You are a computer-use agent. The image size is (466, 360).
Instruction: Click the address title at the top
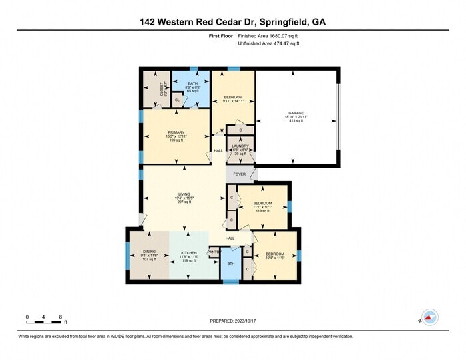point(233,21)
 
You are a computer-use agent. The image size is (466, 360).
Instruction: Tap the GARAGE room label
point(296,113)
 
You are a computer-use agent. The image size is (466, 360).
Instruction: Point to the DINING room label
point(148,253)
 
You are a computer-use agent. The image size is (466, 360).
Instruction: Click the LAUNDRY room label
point(240,146)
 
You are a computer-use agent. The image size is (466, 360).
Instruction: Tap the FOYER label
point(239,174)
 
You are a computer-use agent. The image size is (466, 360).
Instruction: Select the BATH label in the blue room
point(192,83)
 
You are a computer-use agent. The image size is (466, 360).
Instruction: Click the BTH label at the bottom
point(230,264)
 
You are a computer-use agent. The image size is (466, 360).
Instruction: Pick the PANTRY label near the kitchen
point(214,252)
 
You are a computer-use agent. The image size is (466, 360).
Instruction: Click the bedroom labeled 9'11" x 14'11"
point(233,97)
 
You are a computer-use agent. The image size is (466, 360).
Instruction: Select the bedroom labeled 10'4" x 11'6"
point(275,254)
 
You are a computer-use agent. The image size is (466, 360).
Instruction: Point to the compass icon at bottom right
point(429,319)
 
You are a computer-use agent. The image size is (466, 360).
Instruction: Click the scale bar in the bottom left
point(44,322)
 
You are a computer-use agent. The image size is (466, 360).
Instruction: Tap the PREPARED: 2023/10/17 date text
point(233,321)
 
